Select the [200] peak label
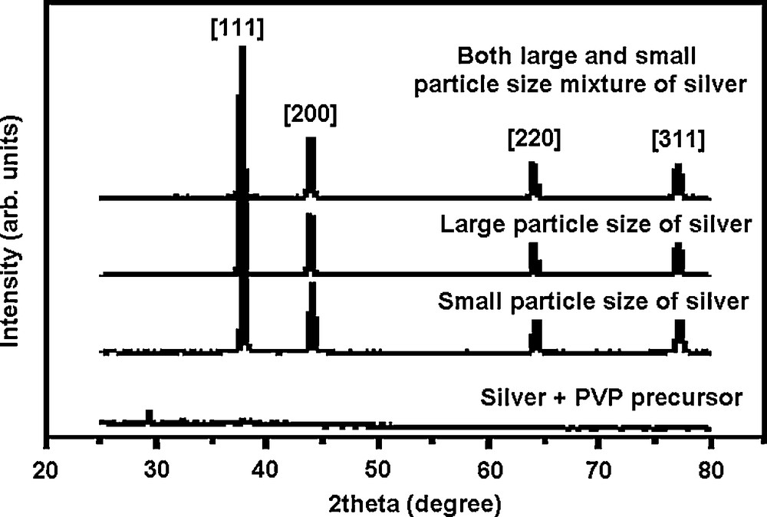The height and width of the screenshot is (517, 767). (309, 117)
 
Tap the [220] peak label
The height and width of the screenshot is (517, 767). (534, 141)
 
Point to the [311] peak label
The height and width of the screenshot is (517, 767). (677, 141)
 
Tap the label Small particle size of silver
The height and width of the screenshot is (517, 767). (593, 301)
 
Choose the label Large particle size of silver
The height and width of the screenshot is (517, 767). (594, 226)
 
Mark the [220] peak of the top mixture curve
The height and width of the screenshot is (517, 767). (534, 179)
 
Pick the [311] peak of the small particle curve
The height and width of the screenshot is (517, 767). (679, 334)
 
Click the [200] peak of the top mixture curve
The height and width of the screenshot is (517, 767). (311, 165)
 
